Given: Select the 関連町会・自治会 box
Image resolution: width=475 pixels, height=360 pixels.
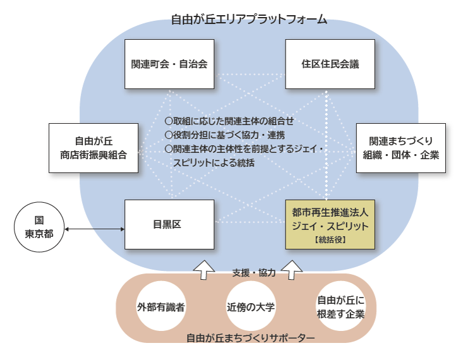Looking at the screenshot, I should [x=169, y=64].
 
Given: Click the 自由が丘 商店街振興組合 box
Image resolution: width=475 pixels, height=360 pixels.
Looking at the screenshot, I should [x=93, y=147].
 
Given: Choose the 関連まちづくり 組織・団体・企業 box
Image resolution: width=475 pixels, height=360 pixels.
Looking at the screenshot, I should [x=401, y=147].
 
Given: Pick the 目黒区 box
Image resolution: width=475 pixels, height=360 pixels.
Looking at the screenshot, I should [x=169, y=224].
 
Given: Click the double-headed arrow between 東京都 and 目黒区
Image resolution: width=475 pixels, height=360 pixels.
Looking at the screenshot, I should [x=93, y=229].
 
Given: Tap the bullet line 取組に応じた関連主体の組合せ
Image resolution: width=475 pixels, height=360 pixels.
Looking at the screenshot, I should [x=229, y=120].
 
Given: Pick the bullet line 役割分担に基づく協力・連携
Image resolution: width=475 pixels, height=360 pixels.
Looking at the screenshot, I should [x=224, y=135].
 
